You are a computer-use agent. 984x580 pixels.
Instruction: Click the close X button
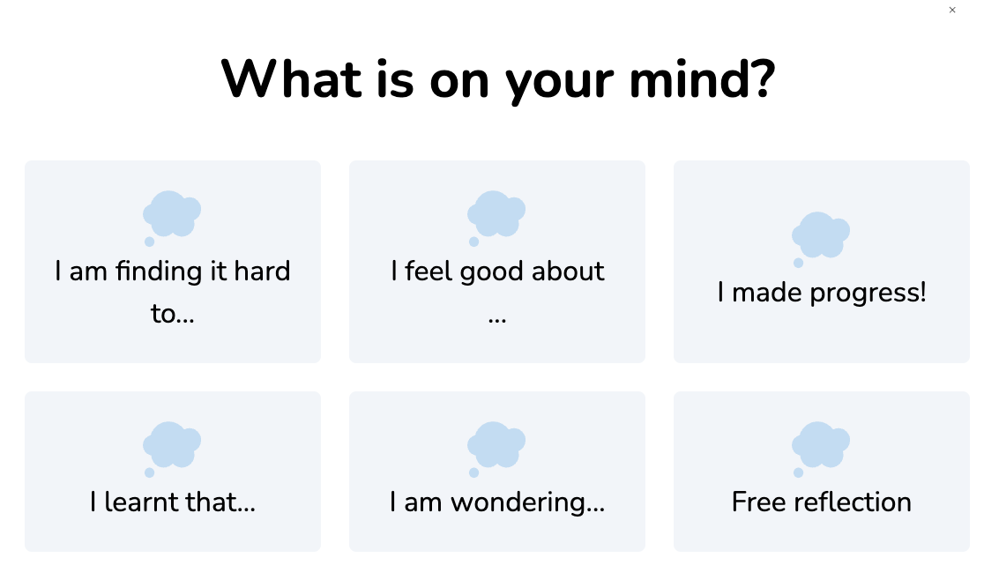click(x=952, y=10)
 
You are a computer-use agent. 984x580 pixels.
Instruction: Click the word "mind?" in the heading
click(x=702, y=79)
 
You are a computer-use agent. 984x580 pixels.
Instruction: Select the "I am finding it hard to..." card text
click(x=173, y=292)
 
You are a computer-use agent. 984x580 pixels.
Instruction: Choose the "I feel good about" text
click(x=497, y=271)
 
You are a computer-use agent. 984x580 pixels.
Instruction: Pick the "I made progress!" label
click(x=822, y=293)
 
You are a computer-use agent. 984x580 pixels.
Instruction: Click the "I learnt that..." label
click(x=173, y=502)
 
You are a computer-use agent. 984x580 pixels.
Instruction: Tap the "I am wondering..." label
click(x=497, y=502)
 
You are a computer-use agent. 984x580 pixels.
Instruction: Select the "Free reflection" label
click(x=822, y=502)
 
